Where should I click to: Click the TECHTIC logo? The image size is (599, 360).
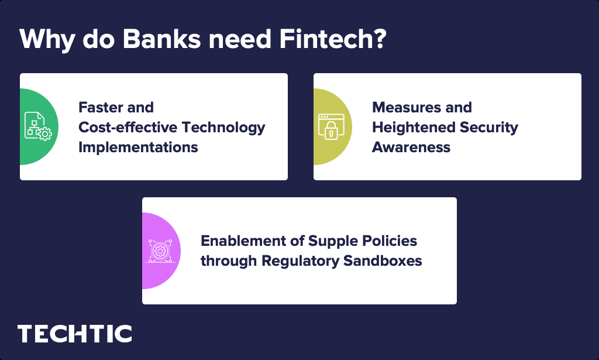click(x=75, y=334)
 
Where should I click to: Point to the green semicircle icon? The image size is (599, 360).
click(x=38, y=126)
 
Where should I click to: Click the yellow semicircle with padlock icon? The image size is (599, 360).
click(x=332, y=126)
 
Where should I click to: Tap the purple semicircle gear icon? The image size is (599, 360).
click(x=160, y=251)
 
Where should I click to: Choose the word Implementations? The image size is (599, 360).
click(x=138, y=147)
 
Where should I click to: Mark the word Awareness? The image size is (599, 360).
click(x=411, y=147)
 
